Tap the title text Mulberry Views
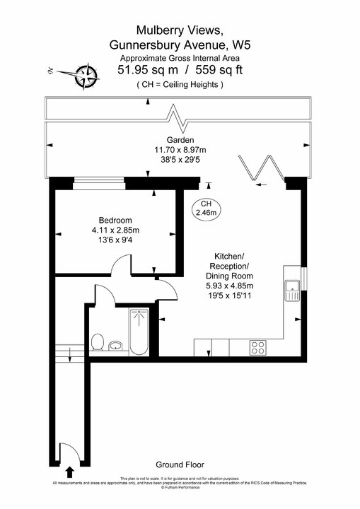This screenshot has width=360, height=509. coord(180,30)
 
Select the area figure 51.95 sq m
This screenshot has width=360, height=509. coord(148,69)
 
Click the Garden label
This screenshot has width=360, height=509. coord(180,140)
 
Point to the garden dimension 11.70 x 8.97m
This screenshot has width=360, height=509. coord(180,150)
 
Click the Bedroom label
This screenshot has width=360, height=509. coord(115,220)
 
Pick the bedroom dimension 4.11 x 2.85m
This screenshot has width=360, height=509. coord(115,230)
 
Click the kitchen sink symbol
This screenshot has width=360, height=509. coord(291,287)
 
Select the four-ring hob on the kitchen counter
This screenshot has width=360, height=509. coord(258,347)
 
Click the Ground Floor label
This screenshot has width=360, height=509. coord(180,464)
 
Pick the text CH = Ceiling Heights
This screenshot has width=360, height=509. coord(180,85)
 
